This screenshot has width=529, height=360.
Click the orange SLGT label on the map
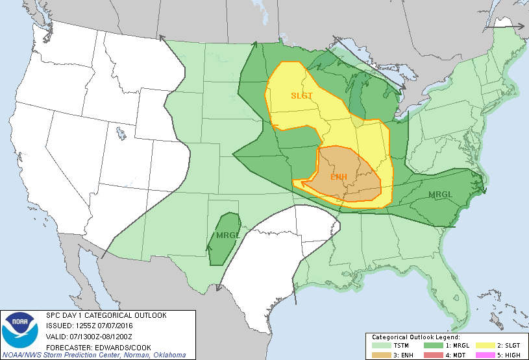pos(301,96)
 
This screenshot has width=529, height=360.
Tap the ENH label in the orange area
pos(338,177)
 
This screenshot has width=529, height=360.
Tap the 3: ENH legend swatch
pos(380,355)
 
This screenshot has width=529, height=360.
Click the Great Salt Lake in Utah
pos(121,135)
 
